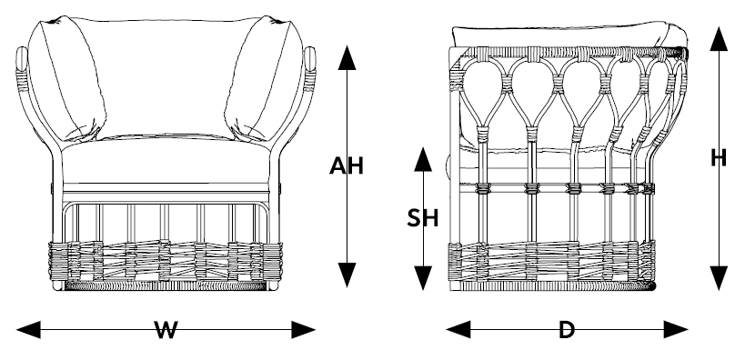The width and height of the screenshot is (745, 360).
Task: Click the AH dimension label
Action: point(347,165)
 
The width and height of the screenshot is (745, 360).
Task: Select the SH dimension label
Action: point(422,218)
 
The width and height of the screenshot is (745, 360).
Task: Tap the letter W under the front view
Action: point(166,330)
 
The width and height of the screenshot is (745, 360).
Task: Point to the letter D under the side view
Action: point(567,330)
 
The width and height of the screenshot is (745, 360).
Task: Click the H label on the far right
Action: point(719,158)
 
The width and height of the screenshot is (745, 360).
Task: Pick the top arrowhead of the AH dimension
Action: point(347,58)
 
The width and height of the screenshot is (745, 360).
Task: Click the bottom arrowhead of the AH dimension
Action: point(347,275)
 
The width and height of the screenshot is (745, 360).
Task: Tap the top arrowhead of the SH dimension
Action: point(423,159)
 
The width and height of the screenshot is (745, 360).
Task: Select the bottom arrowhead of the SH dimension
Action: point(423,278)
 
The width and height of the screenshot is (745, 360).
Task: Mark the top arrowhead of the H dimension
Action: point(719,38)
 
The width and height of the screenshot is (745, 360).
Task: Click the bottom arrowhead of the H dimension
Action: point(719,278)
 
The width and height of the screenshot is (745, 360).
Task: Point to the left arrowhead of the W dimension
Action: point(28,330)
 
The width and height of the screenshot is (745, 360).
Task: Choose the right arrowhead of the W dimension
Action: point(304,330)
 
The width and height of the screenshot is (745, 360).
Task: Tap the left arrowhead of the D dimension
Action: point(458,330)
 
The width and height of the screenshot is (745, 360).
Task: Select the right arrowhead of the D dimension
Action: point(676,330)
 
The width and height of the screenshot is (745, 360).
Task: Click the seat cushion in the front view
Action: point(166,161)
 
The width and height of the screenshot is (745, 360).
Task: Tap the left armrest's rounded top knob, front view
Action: point(22,58)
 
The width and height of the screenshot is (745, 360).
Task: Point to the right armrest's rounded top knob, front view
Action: point(310,58)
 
